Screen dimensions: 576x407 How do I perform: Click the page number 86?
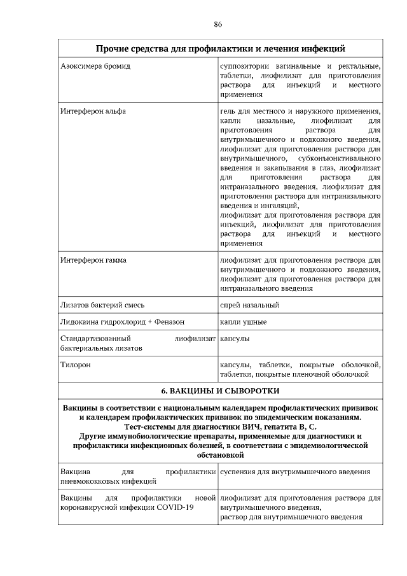tap(218, 24)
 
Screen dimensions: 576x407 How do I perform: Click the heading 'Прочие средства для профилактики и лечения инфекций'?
tap(220, 48)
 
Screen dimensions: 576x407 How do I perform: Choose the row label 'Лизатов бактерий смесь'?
tap(102, 305)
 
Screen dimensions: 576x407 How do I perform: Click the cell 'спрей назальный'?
tap(249, 305)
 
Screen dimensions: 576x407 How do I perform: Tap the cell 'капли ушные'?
tap(244, 322)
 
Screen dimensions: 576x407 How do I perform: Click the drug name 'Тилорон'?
tap(75, 365)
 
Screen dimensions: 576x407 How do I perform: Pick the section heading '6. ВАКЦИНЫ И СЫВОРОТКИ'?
tap(220, 390)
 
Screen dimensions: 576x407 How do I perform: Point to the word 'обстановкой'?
tap(220, 455)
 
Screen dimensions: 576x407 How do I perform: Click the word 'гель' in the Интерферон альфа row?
tap(227, 111)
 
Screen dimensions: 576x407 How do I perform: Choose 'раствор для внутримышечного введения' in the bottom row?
tap(291, 517)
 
